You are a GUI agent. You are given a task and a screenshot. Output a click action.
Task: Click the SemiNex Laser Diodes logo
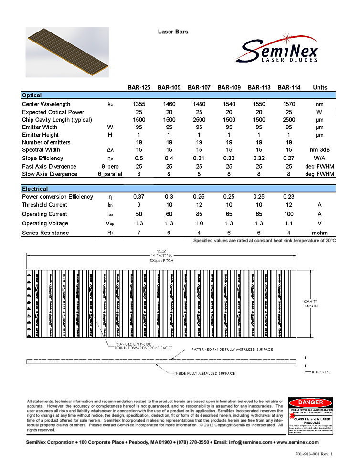click(x=276, y=45)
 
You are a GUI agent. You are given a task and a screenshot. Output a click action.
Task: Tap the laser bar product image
click(x=67, y=52)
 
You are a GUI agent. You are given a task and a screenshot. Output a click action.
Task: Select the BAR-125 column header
click(x=139, y=87)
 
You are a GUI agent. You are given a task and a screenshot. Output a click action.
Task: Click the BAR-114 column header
click(x=289, y=87)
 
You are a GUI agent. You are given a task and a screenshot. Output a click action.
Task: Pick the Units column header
click(x=320, y=87)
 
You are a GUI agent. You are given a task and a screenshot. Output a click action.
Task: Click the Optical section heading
click(x=32, y=95)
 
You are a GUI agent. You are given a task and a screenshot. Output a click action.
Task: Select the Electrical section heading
click(x=35, y=189)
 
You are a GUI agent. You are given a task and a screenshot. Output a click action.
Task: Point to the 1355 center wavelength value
click(x=139, y=104)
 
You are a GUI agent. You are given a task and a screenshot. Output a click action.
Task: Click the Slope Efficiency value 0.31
click(x=199, y=158)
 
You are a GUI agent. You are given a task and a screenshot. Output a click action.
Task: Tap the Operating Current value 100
click(x=289, y=214)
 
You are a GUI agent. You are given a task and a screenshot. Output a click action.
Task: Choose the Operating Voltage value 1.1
click(x=289, y=223)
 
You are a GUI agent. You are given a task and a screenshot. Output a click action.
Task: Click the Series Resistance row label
click(x=45, y=233)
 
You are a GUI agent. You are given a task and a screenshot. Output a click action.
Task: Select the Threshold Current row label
click(x=44, y=205)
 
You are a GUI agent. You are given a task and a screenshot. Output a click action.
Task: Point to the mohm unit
click(x=320, y=233)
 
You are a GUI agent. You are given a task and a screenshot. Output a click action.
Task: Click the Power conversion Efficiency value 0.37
click(x=139, y=197)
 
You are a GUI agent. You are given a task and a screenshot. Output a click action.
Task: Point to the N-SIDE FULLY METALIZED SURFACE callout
click(x=201, y=373)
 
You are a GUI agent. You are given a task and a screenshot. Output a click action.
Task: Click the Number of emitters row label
click(x=46, y=142)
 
